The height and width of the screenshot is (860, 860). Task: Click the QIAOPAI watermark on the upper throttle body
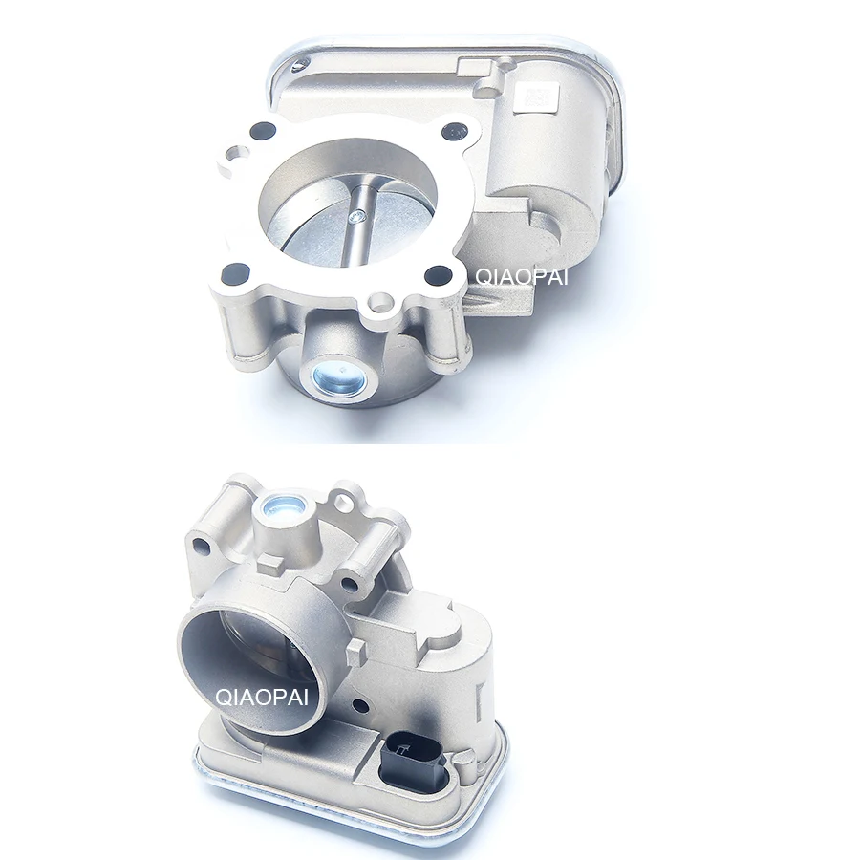tap(521, 276)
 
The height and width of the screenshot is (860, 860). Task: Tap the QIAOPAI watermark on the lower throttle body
tap(261, 698)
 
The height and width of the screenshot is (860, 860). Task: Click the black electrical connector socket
tap(409, 762)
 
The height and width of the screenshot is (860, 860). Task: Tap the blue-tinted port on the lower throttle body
tap(283, 505)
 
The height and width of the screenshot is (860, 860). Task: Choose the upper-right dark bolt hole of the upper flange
tap(454, 132)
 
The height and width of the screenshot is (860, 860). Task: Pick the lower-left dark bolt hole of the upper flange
tap(236, 270)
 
